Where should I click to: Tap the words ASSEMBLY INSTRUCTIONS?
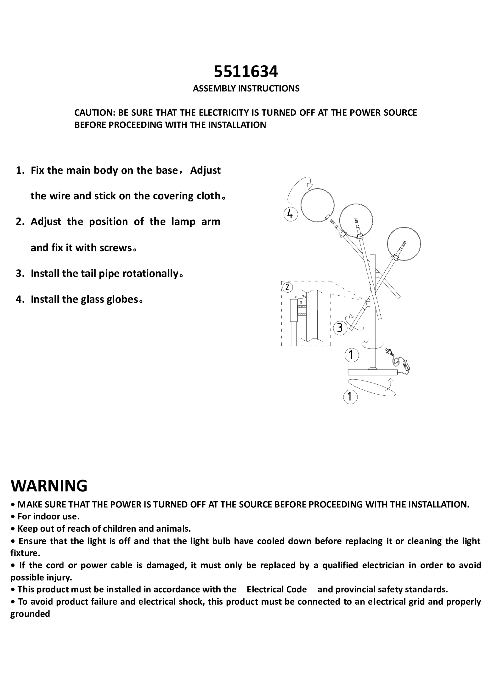246,89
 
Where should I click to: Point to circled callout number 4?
290,214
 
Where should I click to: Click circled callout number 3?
340,328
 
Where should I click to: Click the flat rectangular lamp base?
372,372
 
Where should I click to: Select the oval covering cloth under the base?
372,387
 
